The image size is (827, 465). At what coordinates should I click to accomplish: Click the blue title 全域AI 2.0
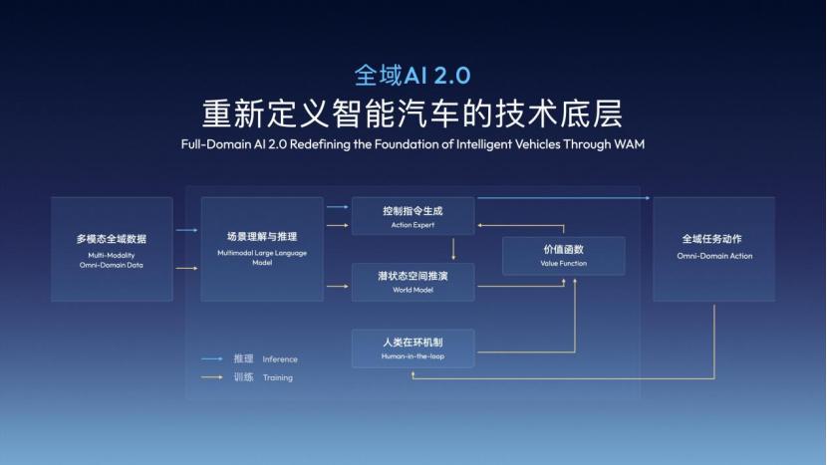point(413,75)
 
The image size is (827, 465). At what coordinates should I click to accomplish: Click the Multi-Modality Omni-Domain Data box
point(112,249)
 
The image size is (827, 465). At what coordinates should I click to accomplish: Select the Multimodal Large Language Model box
point(262,249)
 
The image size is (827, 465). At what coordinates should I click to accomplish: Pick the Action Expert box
point(413,216)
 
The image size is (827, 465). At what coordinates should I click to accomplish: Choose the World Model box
point(413,282)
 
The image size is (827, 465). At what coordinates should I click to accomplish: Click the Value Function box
point(564,256)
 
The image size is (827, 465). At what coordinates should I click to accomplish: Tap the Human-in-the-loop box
point(413,348)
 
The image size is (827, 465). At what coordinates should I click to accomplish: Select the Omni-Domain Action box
point(714,249)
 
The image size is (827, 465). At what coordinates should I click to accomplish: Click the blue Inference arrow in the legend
point(212,359)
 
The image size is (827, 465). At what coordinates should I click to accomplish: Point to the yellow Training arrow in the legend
point(212,377)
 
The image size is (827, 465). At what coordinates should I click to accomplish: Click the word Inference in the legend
point(280,359)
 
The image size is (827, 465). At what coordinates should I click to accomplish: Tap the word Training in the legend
point(278,377)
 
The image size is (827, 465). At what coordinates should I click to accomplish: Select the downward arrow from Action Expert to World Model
point(453,249)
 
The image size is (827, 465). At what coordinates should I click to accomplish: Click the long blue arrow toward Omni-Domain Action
point(563,198)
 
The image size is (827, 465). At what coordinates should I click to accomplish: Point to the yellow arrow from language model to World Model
point(338,287)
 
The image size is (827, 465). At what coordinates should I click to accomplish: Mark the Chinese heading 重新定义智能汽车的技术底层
point(413,114)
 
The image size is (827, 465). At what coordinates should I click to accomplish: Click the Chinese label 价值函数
point(564,249)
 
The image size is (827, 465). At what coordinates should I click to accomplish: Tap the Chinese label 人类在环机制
point(413,343)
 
